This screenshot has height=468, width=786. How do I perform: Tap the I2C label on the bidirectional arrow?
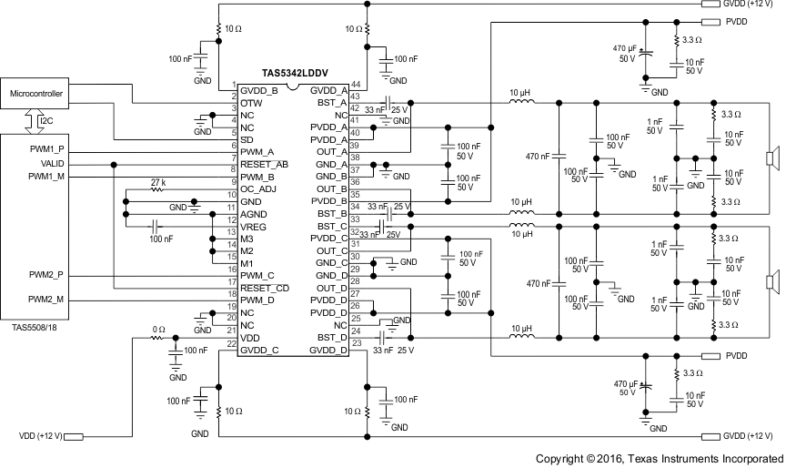tap(45, 119)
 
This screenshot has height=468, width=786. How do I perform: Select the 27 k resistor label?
tap(158, 183)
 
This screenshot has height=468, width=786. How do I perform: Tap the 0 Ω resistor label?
tap(157, 330)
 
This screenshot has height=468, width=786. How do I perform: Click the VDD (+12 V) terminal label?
tap(40, 436)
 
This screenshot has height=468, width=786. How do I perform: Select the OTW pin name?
tap(251, 104)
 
